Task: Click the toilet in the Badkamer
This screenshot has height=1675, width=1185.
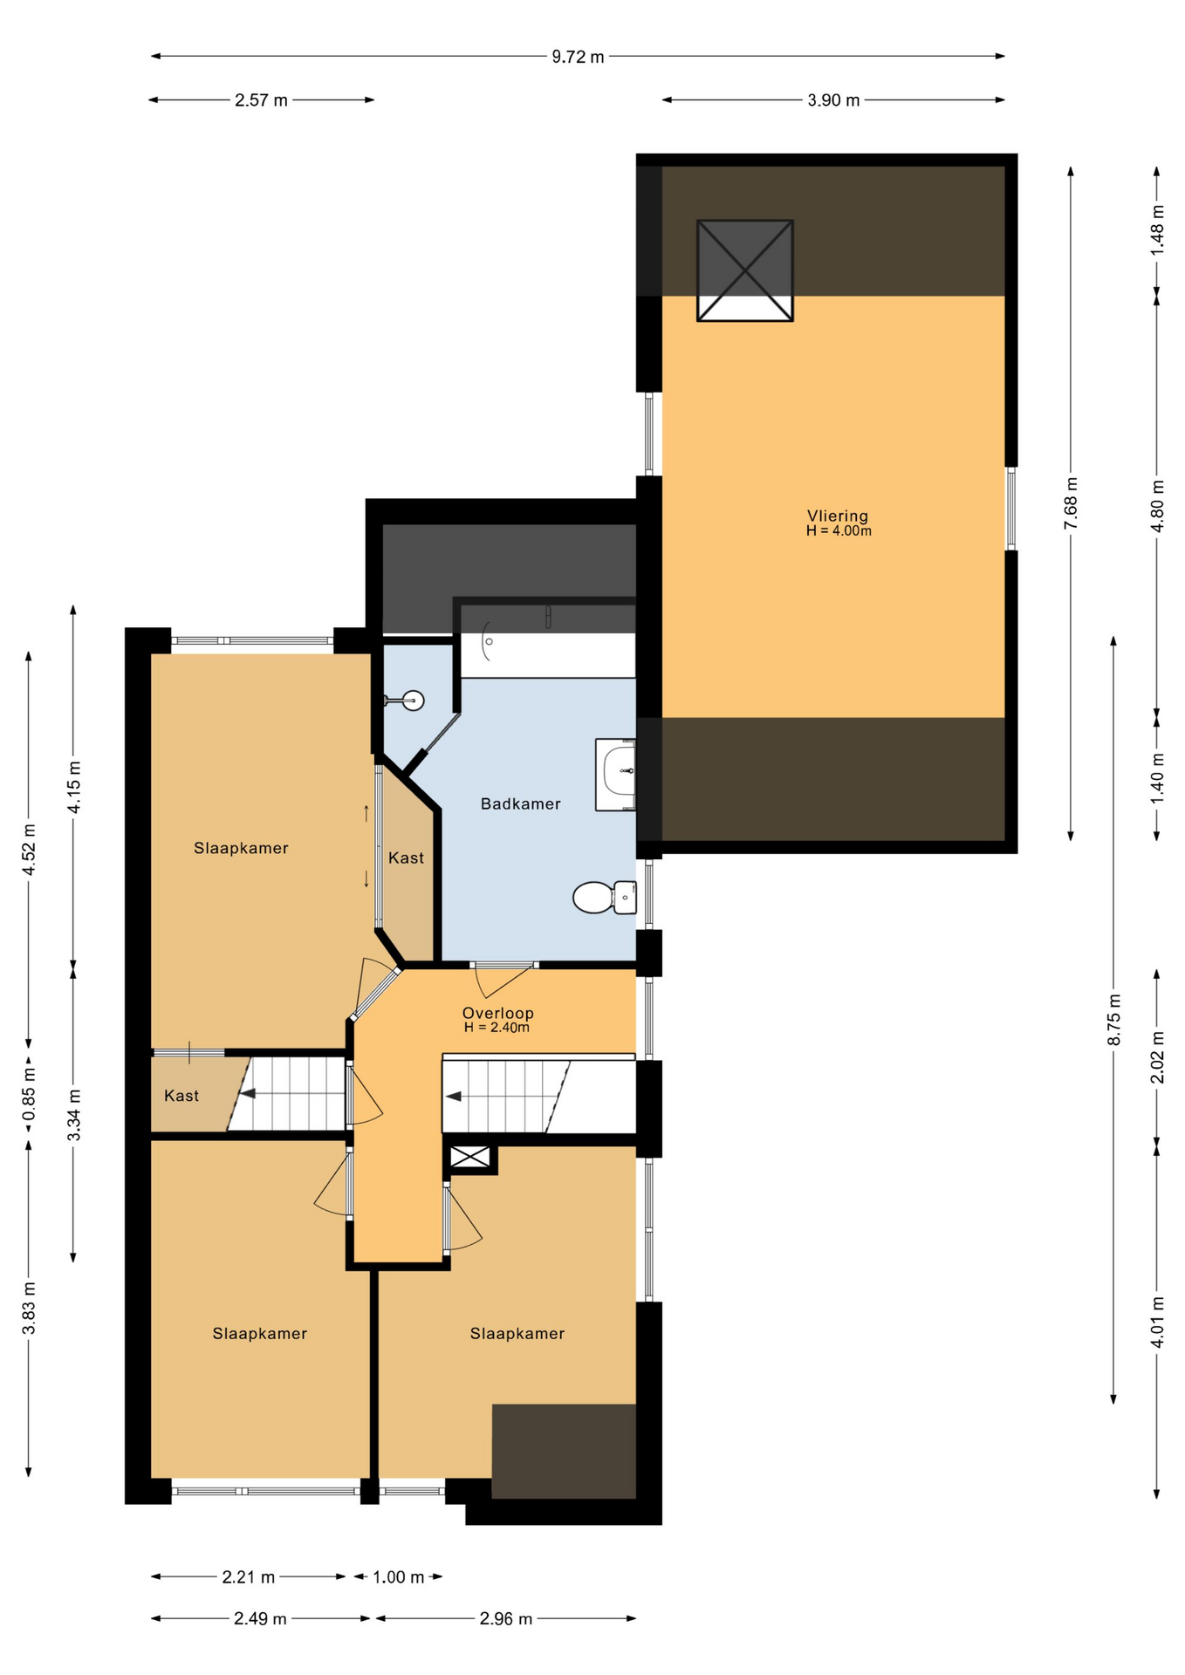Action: tap(605, 897)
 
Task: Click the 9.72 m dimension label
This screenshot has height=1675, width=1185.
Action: tap(578, 57)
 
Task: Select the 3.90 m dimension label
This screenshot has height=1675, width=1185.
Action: tap(833, 100)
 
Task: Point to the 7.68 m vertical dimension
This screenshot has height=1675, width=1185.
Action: tap(1071, 502)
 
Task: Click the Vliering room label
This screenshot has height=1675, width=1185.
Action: tap(838, 516)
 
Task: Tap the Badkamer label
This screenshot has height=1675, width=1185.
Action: tap(521, 803)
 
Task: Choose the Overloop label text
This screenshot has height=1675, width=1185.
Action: tap(497, 1013)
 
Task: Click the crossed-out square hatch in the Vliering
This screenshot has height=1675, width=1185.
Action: tap(745, 270)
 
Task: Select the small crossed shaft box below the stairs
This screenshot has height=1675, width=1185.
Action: tap(470, 1158)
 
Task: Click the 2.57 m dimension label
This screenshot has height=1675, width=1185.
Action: tap(261, 100)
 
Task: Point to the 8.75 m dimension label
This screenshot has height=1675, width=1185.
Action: tap(1114, 1019)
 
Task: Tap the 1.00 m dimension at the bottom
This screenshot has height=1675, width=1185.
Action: tap(399, 1577)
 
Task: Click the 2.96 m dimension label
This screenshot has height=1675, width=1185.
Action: tap(506, 1619)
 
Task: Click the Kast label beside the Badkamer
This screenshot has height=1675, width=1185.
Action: tap(406, 858)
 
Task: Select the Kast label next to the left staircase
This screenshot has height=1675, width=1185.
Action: tap(182, 1096)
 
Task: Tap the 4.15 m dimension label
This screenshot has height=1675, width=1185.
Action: tap(74, 787)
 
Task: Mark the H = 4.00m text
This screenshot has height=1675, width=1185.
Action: tap(839, 530)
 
